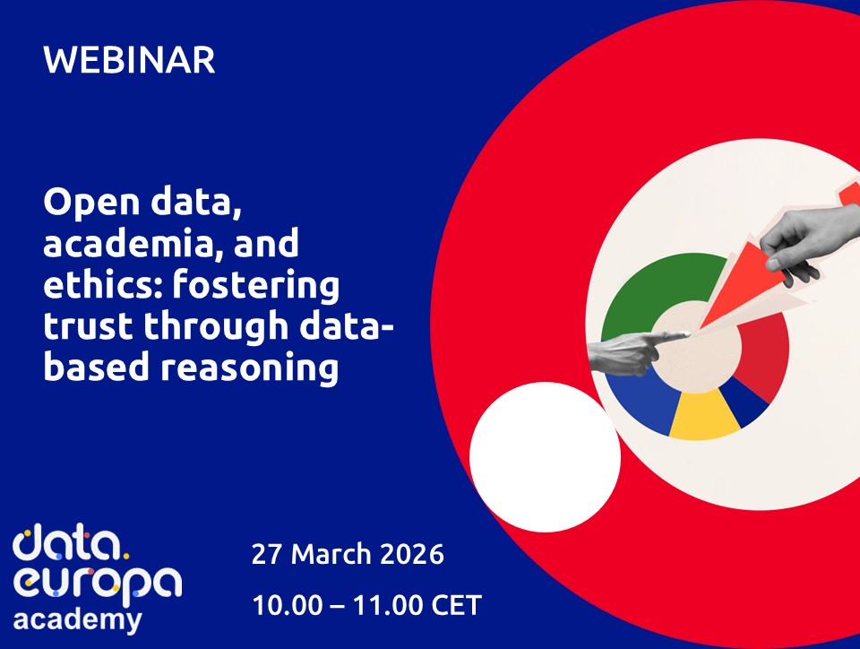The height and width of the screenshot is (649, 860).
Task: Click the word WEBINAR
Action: click(129, 61)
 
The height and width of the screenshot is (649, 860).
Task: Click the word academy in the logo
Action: click(77, 619)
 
